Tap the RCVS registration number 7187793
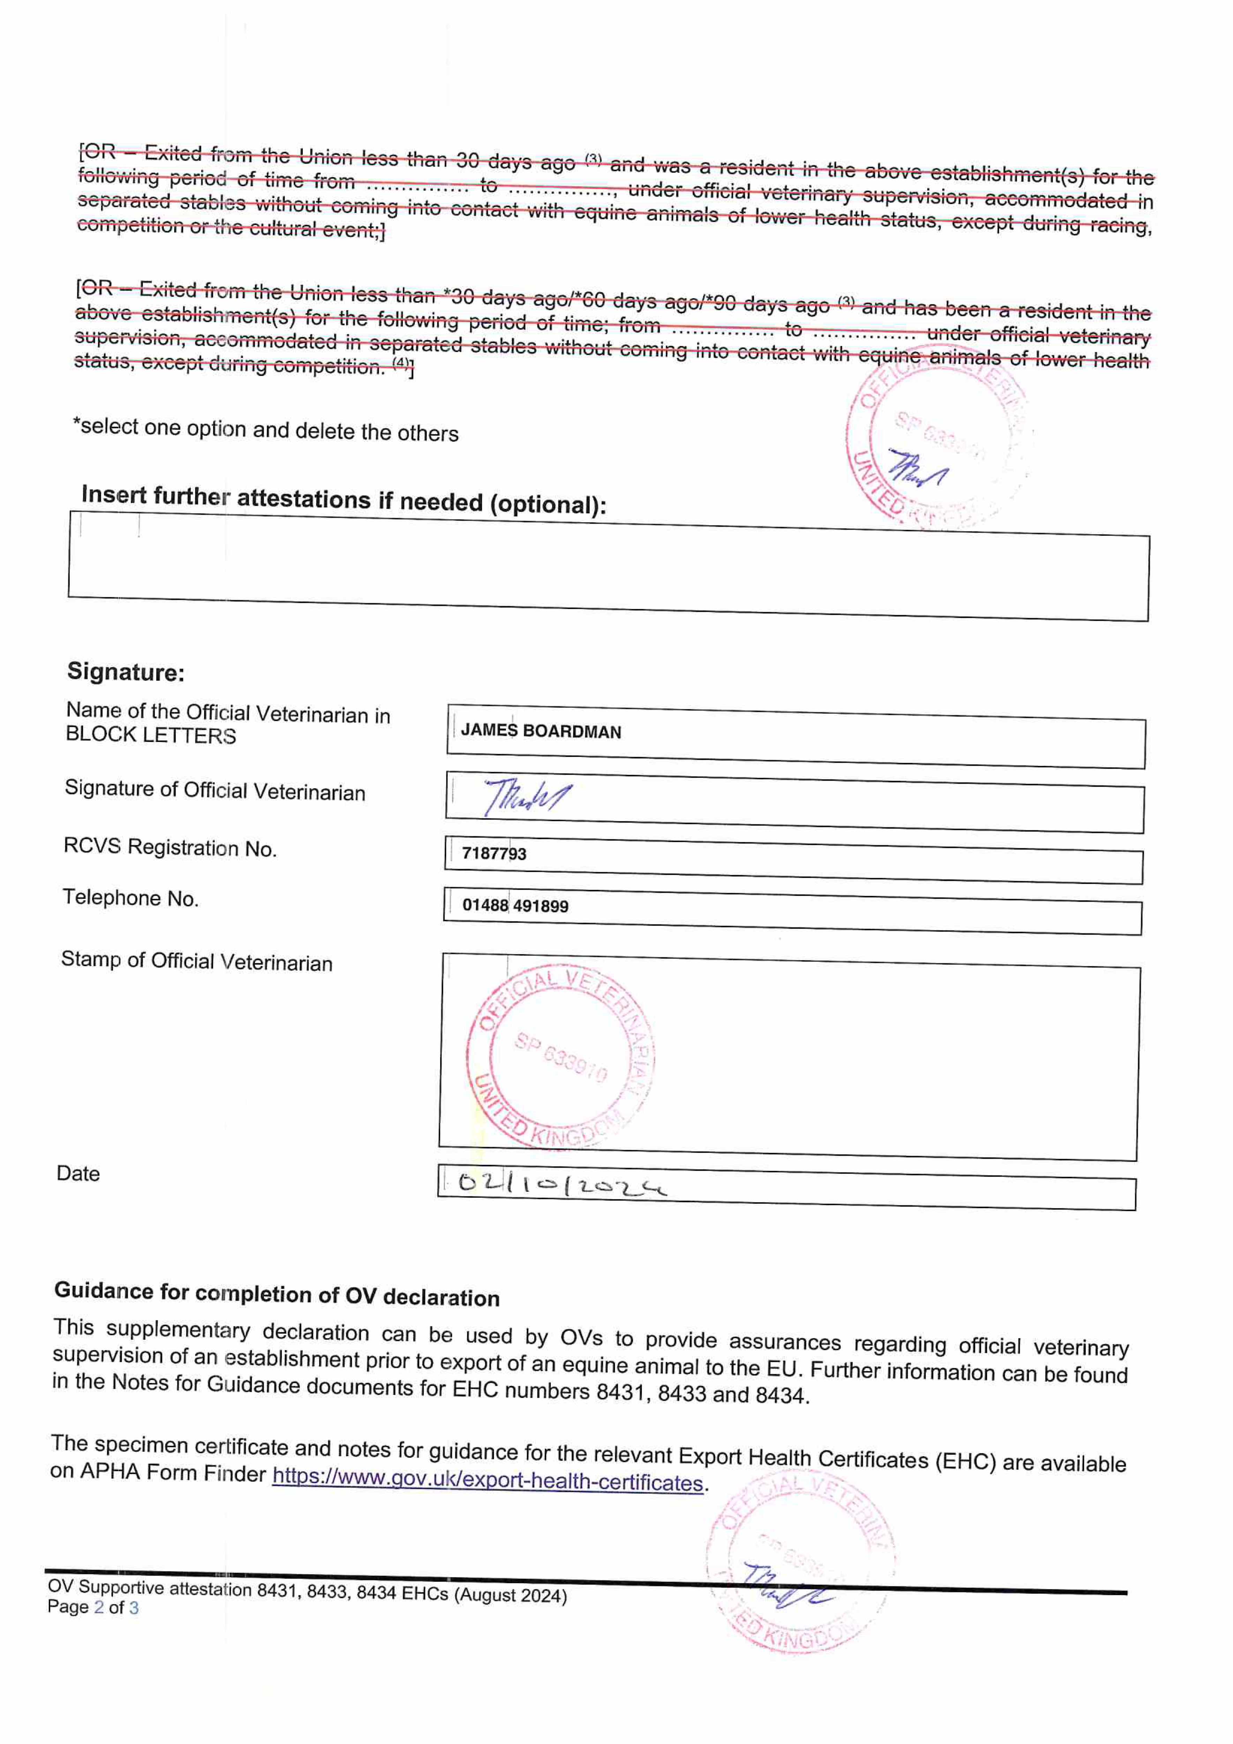tap(494, 853)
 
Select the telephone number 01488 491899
tap(515, 905)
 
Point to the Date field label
tap(78, 1174)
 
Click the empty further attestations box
tap(608, 570)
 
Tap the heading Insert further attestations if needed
tap(343, 500)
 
